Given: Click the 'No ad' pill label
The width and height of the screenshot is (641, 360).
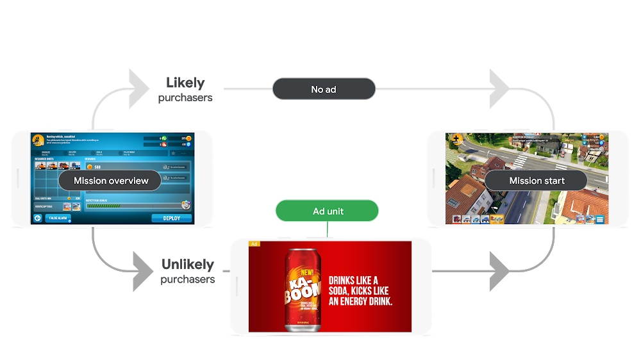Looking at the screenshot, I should click(x=324, y=89).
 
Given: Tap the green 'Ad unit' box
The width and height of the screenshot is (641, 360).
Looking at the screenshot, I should click(x=327, y=211).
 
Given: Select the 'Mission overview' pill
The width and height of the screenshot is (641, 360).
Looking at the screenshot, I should click(x=111, y=181).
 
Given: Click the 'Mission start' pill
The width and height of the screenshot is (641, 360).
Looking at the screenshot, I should click(x=537, y=181).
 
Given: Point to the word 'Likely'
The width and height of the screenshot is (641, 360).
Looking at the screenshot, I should click(x=185, y=83).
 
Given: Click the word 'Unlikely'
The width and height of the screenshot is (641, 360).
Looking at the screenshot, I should click(x=187, y=265).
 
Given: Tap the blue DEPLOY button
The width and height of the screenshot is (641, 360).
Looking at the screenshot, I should click(x=172, y=218).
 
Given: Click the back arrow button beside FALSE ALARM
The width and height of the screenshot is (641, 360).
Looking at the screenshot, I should click(x=38, y=218).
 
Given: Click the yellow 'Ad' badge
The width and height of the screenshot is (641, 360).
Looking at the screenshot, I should click(x=254, y=244).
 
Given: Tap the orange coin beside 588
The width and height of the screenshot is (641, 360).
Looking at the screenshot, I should click(x=89, y=167).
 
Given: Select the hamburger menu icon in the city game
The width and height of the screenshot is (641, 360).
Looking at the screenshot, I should click(x=600, y=219).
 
